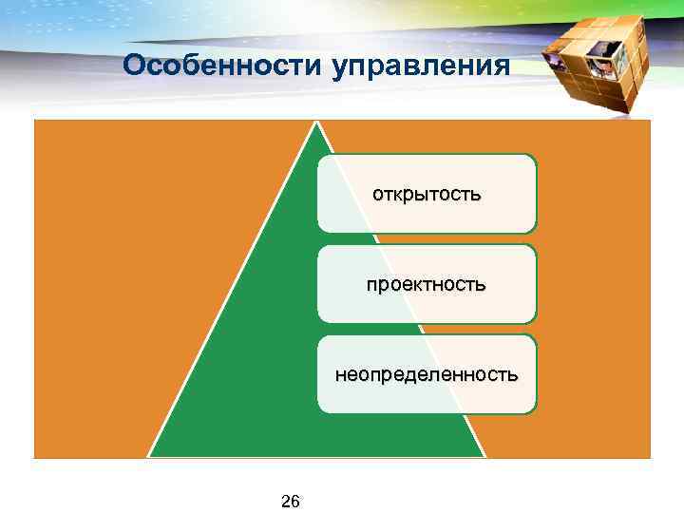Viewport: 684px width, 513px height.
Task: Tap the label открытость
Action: (x=427, y=194)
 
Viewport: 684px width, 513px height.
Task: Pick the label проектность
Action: (x=427, y=284)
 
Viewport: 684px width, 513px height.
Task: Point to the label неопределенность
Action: (x=427, y=374)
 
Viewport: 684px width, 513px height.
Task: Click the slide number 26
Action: (x=290, y=501)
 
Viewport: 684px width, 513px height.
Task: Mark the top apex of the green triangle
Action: (x=317, y=122)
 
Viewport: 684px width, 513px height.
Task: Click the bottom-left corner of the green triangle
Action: (x=149, y=457)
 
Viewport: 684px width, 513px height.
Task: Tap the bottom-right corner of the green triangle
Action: (x=485, y=457)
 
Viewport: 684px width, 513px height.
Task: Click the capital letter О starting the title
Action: (x=134, y=66)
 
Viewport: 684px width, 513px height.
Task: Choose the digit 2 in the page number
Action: (x=285, y=501)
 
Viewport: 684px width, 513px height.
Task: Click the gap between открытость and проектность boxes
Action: (x=427, y=238)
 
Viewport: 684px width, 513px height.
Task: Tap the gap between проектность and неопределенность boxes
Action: (x=427, y=329)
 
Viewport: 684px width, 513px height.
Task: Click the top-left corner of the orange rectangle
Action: (x=35, y=122)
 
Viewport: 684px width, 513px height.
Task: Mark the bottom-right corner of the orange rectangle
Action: (x=650, y=457)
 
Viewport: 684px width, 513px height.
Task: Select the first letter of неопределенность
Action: (x=339, y=374)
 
